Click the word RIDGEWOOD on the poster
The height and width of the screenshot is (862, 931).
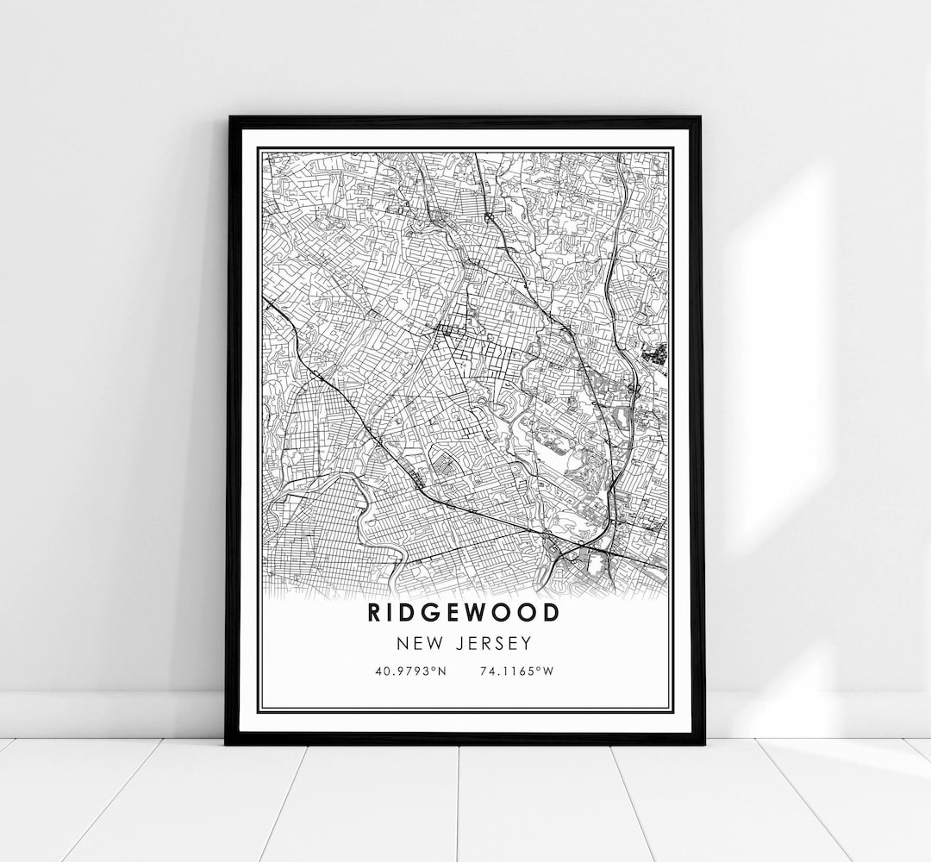[464, 613]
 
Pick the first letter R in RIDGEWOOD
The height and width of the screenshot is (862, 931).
[375, 613]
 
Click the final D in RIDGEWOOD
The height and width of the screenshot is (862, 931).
[551, 613]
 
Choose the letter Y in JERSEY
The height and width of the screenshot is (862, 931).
[527, 643]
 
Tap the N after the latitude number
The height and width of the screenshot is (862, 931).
[441, 671]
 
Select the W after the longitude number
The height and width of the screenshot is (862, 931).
[553, 671]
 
